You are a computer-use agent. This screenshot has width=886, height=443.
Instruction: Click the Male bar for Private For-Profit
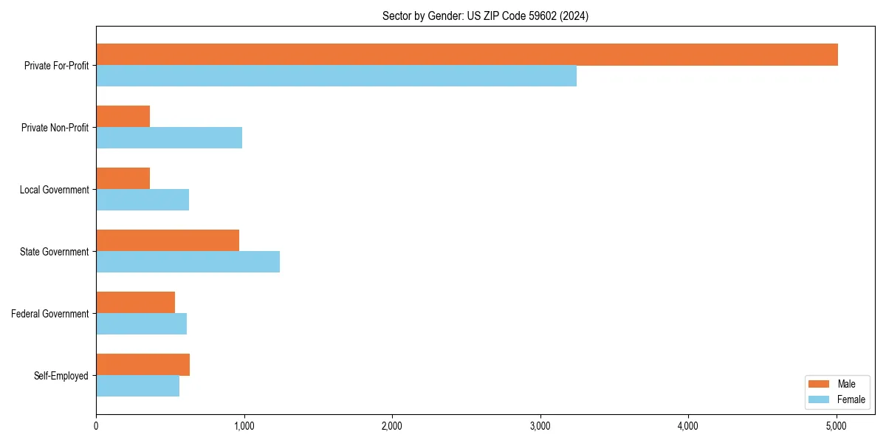click(467, 55)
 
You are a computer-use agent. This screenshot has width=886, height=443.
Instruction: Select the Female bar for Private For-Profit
click(336, 76)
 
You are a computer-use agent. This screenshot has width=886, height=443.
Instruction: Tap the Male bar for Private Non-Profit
click(123, 117)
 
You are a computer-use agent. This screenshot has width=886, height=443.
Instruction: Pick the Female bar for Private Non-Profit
click(169, 138)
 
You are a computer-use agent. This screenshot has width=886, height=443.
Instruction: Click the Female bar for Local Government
click(142, 200)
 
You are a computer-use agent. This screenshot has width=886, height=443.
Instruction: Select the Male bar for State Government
click(168, 241)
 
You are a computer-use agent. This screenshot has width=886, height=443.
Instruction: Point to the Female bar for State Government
click(188, 262)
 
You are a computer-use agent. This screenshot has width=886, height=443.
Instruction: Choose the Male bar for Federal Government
click(135, 303)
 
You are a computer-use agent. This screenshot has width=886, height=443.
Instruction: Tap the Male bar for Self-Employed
click(142, 365)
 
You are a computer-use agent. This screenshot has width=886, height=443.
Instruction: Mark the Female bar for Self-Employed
click(137, 386)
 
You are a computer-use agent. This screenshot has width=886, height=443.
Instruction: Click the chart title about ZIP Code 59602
click(485, 16)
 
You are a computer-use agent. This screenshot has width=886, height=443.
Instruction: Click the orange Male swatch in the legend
click(819, 384)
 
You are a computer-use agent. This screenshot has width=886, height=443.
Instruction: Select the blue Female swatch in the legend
click(819, 399)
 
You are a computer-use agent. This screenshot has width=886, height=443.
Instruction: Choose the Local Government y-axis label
click(54, 190)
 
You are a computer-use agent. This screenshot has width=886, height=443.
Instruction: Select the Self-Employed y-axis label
click(61, 376)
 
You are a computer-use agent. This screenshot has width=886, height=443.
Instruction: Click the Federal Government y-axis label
click(49, 314)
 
